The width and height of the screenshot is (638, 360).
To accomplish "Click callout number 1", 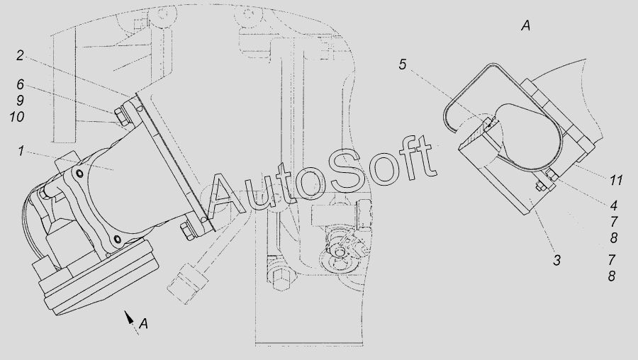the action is coord(21,152).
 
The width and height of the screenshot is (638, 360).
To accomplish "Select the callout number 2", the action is coord(21,55).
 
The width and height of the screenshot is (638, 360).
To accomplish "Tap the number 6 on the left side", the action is coord(21,84).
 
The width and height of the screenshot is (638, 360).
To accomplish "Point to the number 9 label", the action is coord(20,101).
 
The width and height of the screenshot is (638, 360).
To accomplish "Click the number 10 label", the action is coord(17,117).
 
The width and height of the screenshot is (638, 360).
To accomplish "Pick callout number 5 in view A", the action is coord(403,64).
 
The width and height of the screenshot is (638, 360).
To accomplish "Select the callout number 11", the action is coord(615,180).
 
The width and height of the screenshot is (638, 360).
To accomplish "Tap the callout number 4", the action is coord(614,205).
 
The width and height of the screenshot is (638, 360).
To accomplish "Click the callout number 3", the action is coord(557,260).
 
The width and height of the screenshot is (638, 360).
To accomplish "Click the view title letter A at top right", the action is coord(526,26).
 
